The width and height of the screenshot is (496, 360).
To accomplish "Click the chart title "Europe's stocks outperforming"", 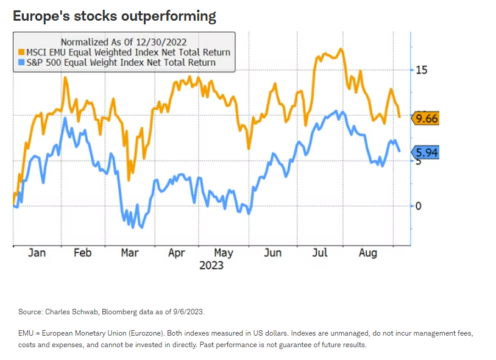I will (x=115, y=16).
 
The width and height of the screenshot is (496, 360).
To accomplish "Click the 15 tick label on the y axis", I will (x=421, y=70).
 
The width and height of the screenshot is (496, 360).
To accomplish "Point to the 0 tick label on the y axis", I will (x=419, y=206).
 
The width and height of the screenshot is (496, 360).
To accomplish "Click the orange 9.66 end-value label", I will (x=427, y=118).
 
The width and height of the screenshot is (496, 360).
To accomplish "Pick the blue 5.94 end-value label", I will (x=427, y=152).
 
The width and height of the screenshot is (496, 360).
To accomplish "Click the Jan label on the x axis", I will (x=37, y=253).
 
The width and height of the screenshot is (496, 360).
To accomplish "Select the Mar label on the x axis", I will (x=129, y=253).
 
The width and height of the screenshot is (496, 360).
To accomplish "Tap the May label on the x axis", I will (x=224, y=253).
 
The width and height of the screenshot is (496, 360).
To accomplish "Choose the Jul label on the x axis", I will (x=319, y=253).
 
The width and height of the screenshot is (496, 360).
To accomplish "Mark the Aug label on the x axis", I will (x=367, y=253).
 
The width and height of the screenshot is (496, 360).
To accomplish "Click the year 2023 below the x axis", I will (x=211, y=265).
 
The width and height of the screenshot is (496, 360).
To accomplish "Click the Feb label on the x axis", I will (x=83, y=253).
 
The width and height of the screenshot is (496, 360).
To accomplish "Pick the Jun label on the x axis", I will (x=272, y=253).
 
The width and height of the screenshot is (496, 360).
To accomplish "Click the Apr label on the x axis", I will (x=176, y=253).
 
